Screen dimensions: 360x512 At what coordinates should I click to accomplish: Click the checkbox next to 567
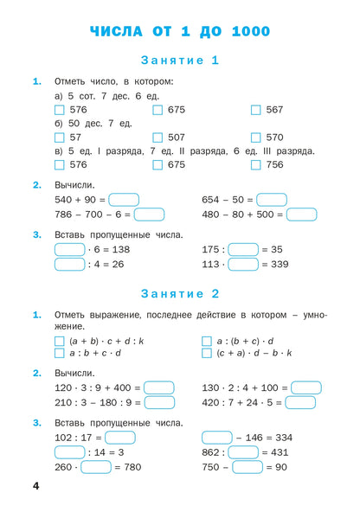(255, 110)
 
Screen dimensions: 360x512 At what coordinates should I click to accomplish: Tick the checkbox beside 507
(157, 138)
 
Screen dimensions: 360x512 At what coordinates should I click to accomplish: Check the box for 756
(255, 164)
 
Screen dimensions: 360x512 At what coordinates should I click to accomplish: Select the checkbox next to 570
(255, 138)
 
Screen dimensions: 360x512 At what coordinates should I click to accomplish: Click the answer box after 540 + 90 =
(124, 200)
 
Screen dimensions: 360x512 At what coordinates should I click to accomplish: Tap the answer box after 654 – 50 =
(272, 200)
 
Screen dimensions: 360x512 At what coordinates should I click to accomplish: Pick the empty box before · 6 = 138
(69, 249)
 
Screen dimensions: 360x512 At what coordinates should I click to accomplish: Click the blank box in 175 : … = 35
(243, 249)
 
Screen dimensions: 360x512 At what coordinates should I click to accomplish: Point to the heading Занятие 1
(179, 61)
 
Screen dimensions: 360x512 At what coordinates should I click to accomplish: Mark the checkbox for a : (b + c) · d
(206, 341)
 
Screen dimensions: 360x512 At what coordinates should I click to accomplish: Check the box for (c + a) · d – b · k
(206, 354)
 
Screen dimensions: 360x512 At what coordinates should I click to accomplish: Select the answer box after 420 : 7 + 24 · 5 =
(299, 402)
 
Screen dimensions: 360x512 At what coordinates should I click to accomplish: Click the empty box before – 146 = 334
(216, 438)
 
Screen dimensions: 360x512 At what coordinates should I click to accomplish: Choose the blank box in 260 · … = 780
(95, 468)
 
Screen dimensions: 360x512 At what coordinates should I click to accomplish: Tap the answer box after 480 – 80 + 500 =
(301, 214)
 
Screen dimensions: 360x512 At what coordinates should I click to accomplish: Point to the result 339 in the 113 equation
(275, 265)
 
